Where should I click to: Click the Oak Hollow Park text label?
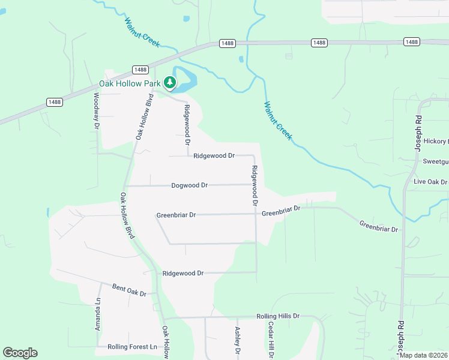pos(129,83)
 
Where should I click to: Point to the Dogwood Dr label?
pos(189,185)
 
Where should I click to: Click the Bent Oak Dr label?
pos(130,290)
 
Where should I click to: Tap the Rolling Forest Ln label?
pos(132,347)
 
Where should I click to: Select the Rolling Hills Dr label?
pos(277,316)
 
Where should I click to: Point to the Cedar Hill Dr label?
pos(271,341)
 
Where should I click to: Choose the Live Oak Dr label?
pos(430,182)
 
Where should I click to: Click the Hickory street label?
pos(436,141)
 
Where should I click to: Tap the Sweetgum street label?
pos(435,161)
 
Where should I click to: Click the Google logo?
pos(20,353)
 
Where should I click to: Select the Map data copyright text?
pos(423,355)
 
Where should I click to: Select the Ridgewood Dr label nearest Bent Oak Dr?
pos(183,273)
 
